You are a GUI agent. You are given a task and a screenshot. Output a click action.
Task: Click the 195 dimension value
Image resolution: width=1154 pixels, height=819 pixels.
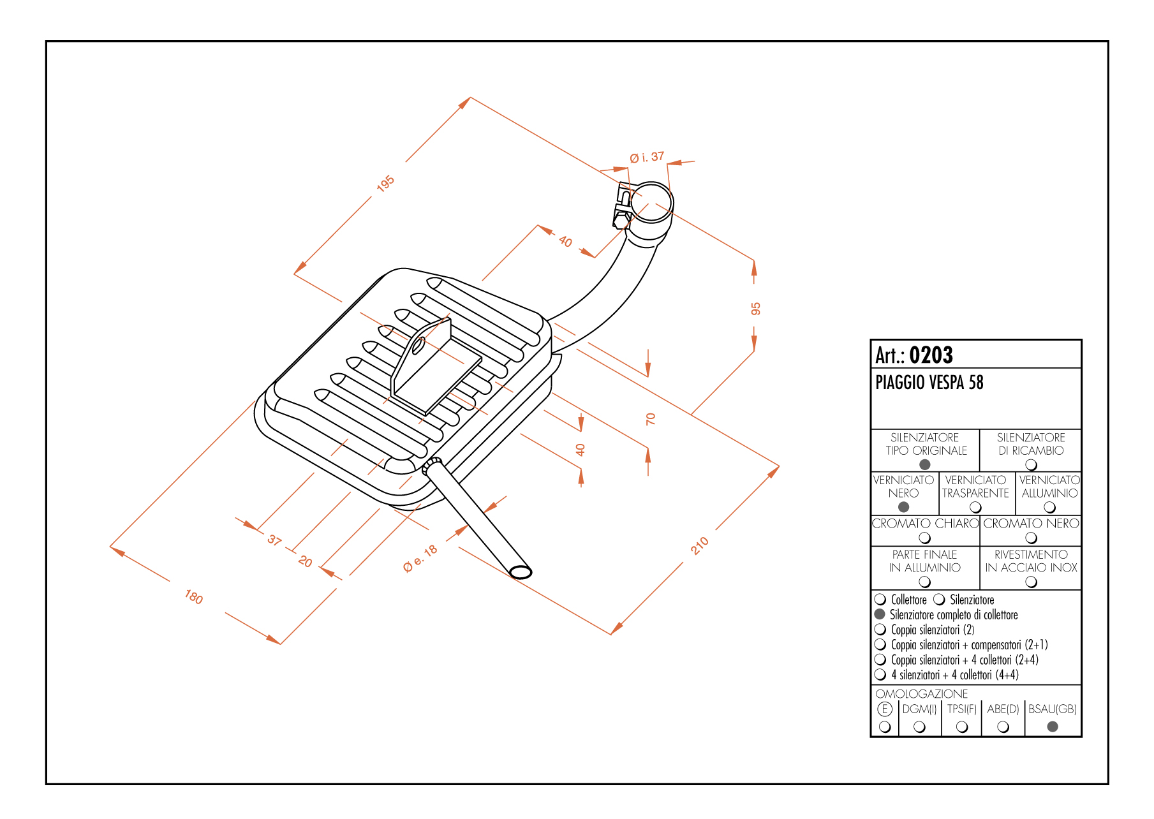point(385,184)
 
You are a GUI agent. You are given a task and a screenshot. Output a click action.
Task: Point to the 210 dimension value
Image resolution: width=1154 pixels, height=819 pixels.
point(700,545)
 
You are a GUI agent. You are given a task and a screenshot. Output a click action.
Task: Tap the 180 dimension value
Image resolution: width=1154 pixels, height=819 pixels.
point(194,598)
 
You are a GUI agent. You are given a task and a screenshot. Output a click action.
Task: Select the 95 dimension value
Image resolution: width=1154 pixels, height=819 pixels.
point(755,309)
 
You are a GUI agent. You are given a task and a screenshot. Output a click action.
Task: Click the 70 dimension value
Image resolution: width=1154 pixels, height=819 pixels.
point(650,419)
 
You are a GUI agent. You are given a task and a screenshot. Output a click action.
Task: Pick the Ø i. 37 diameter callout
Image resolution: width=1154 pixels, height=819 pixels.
point(647,157)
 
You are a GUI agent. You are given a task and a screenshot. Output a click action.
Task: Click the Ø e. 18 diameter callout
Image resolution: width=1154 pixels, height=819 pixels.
point(420,559)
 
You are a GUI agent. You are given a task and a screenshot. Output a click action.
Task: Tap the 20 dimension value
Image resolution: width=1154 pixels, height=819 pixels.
point(306,561)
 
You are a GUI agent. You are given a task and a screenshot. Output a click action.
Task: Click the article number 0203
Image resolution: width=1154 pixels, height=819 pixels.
point(931,355)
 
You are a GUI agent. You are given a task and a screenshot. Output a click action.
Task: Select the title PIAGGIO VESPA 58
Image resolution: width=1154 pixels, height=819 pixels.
point(929,383)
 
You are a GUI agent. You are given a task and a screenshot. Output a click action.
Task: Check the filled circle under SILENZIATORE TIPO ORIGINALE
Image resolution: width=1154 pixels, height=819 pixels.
point(925,464)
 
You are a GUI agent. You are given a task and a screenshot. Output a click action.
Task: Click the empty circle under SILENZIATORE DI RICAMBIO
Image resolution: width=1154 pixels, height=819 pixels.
point(1031,464)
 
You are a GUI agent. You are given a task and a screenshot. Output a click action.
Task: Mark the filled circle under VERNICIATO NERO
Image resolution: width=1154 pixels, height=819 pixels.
point(903,507)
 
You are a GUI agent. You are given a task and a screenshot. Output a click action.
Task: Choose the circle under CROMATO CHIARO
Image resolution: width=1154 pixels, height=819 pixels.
point(925,538)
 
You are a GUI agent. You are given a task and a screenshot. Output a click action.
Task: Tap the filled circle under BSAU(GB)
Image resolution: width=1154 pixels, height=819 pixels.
point(1053,727)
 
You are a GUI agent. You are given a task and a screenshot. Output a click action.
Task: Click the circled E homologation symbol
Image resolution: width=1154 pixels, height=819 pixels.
point(885,709)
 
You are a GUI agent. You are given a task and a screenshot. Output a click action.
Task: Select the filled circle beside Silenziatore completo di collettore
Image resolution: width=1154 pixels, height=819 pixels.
point(880,614)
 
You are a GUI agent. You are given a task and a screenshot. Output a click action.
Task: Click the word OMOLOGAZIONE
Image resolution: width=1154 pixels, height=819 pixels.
point(921,693)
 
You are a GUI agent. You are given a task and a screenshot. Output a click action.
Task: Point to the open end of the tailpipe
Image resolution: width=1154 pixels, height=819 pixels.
point(521,572)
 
